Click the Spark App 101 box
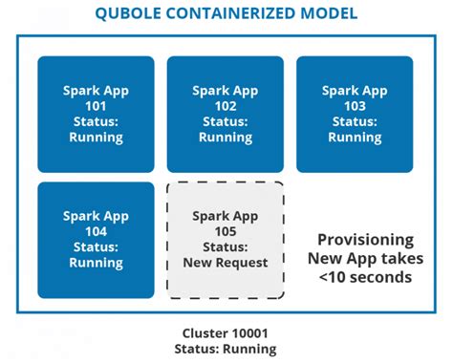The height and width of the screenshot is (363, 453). (x=96, y=114)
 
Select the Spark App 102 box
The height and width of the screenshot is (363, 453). (x=225, y=114)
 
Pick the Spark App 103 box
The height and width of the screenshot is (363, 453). (x=355, y=114)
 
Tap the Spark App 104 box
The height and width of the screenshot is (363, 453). (x=96, y=240)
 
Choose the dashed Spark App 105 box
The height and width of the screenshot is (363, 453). (x=225, y=240)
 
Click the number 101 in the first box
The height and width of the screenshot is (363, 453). (x=96, y=106)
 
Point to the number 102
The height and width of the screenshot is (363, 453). (x=225, y=106)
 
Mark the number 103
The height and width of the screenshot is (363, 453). (x=355, y=106)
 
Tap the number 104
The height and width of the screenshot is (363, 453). (x=96, y=232)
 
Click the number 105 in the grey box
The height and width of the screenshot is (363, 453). (x=225, y=232)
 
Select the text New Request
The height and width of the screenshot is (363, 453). (x=225, y=263)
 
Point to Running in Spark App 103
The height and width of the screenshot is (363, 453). (x=355, y=137)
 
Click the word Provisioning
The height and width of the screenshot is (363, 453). (x=365, y=240)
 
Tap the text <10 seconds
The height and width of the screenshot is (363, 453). (x=365, y=277)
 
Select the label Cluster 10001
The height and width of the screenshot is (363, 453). (x=226, y=333)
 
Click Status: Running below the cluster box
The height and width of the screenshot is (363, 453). (x=226, y=349)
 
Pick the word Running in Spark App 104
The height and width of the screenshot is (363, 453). (x=96, y=263)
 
